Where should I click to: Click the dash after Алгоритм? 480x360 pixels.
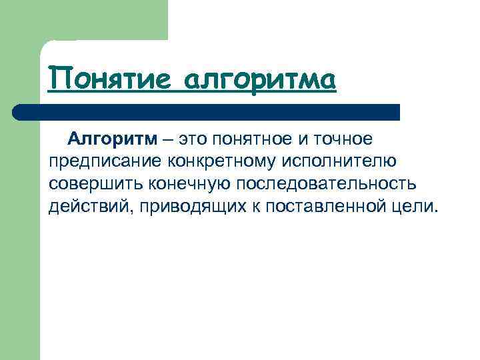(x=167, y=139)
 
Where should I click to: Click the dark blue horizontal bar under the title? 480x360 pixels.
(x=213, y=112)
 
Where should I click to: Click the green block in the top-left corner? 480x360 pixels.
(x=83, y=20)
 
